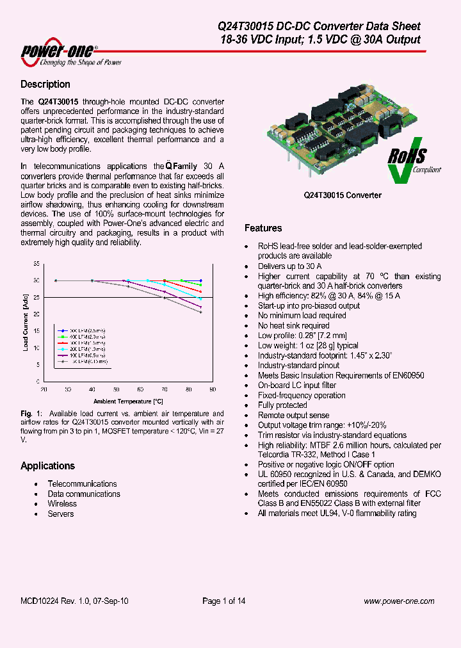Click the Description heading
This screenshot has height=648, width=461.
(45, 85)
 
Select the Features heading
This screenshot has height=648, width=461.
(263, 228)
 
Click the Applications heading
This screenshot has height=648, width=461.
(47, 466)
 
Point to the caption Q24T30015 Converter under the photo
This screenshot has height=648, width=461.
(343, 195)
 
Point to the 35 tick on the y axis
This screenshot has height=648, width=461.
(36, 264)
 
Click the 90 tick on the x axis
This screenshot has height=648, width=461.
(212, 389)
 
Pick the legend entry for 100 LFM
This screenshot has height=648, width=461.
(84, 354)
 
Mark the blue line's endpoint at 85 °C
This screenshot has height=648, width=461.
(200, 280)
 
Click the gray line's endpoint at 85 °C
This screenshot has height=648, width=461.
(200, 312)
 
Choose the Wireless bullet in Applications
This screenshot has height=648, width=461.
(62, 504)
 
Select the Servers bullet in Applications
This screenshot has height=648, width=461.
(61, 514)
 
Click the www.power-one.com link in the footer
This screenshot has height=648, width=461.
(399, 601)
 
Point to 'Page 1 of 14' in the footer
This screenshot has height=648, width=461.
(223, 601)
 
